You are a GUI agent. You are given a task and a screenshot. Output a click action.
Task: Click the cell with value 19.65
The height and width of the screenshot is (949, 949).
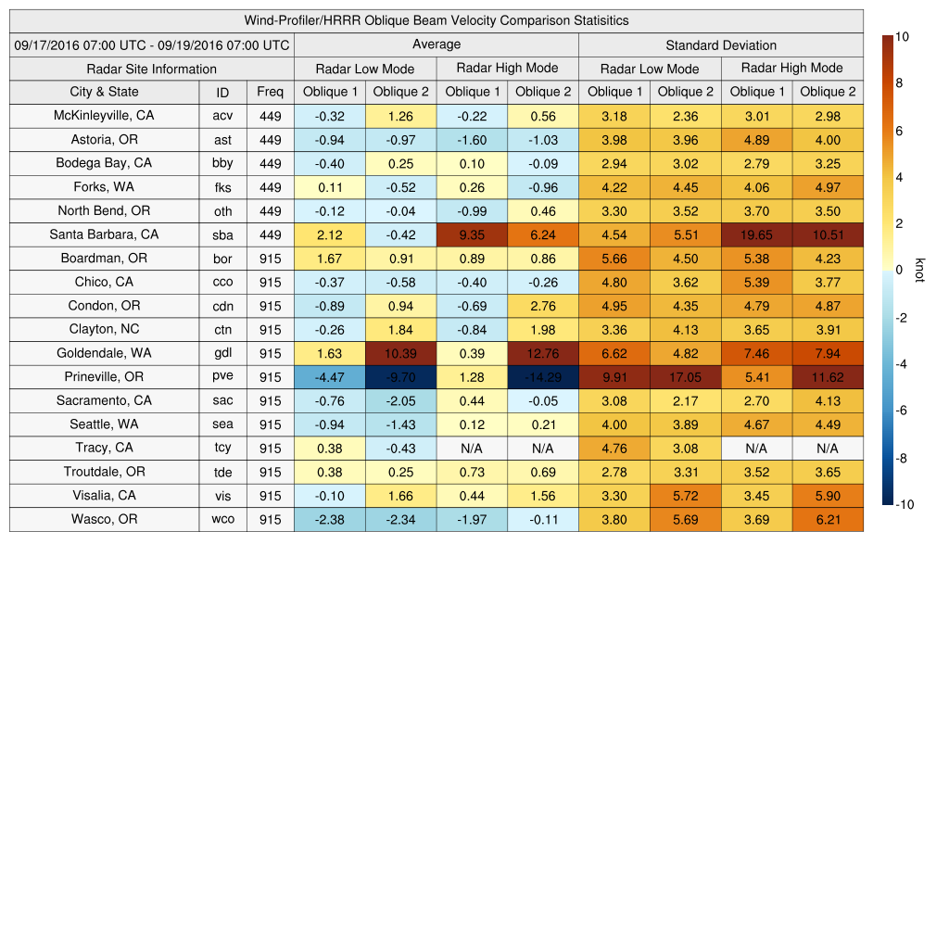pyautogui.click(x=756, y=234)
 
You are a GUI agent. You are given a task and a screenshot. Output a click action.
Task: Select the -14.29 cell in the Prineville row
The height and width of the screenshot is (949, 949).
pyautogui.click(x=543, y=377)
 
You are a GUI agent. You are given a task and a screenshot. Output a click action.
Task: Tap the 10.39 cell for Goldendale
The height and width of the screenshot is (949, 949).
pyautogui.click(x=400, y=353)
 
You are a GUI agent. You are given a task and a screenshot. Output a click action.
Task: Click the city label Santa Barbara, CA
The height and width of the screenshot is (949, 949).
pyautogui.click(x=104, y=234)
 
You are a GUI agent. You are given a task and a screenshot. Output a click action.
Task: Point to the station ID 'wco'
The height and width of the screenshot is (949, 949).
pyautogui.click(x=222, y=520)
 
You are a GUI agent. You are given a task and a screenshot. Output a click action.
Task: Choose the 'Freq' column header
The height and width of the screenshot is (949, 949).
pyautogui.click(x=270, y=92)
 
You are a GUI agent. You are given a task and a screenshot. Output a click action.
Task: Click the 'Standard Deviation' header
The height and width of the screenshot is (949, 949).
pyautogui.click(x=721, y=44)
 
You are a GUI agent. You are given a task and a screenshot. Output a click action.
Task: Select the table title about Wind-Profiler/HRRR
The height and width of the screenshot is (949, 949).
pyautogui.click(x=437, y=20)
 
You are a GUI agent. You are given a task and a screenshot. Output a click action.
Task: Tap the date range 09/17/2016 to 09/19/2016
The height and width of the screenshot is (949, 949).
pyautogui.click(x=152, y=44)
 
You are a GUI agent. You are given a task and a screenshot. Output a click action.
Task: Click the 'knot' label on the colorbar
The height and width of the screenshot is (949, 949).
pyautogui.click(x=919, y=270)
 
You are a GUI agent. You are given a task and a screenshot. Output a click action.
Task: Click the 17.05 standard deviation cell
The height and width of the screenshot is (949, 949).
pyautogui.click(x=685, y=377)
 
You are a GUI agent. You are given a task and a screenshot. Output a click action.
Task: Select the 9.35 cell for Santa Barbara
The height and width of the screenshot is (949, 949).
pyautogui.click(x=472, y=234)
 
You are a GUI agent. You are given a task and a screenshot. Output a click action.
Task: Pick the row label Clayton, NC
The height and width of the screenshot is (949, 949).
pyautogui.click(x=104, y=329)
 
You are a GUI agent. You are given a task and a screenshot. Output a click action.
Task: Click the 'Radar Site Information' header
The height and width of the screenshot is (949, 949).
pyautogui.click(x=152, y=69)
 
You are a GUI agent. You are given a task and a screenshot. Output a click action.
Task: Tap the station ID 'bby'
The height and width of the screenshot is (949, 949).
pyautogui.click(x=222, y=163)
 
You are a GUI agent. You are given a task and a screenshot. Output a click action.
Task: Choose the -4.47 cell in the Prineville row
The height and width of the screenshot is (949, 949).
pyautogui.click(x=329, y=377)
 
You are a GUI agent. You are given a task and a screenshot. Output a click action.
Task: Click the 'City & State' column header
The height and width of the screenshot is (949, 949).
pyautogui.click(x=104, y=92)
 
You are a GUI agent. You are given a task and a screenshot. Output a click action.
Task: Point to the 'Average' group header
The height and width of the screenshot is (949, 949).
pyautogui.click(x=437, y=44)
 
